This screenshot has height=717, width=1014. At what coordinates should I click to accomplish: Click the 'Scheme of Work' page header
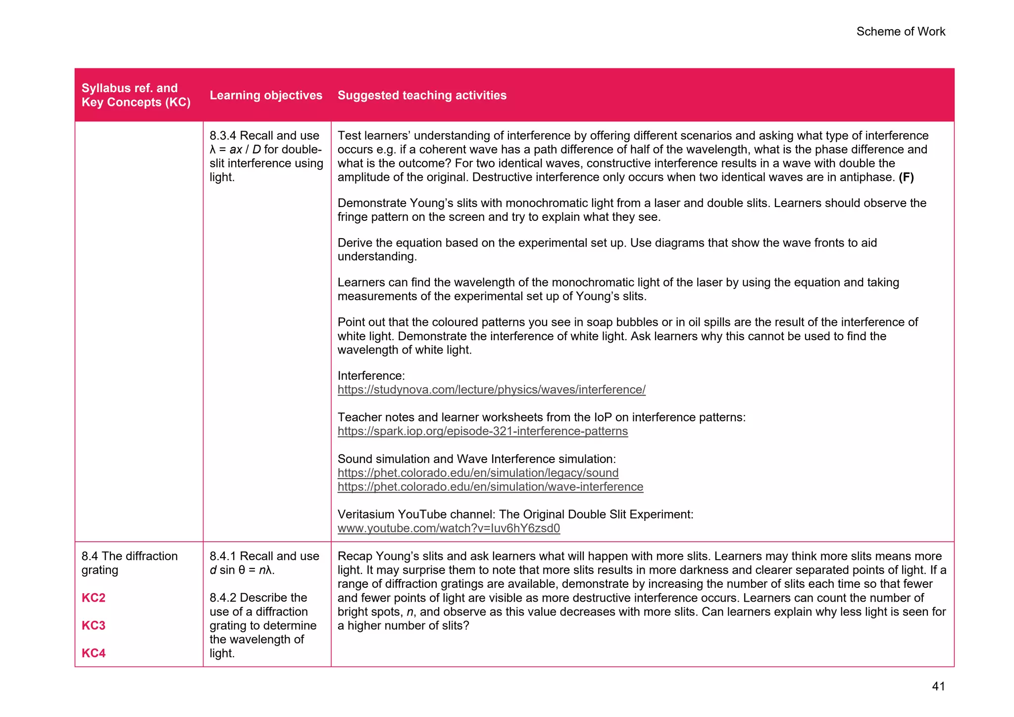[x=900, y=32]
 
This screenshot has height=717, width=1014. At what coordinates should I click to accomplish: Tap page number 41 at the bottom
[x=938, y=686]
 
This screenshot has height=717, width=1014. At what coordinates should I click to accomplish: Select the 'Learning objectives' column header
[x=266, y=95]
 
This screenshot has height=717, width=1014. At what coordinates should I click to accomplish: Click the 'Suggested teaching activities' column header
[x=422, y=95]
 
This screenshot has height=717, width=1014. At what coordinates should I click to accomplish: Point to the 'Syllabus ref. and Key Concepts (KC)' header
[x=136, y=95]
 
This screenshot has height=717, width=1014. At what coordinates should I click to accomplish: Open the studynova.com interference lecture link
[x=491, y=390]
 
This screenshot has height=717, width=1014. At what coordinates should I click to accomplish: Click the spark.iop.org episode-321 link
[x=482, y=431]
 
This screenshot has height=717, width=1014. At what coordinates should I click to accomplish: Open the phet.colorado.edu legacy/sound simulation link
[x=478, y=473]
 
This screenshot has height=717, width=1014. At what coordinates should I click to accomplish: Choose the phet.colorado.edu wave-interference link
[x=490, y=487]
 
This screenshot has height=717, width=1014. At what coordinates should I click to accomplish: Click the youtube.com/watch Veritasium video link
[x=449, y=528]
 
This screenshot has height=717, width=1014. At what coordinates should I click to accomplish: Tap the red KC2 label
[x=94, y=598]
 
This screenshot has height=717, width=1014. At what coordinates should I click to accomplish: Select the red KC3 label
[x=94, y=625]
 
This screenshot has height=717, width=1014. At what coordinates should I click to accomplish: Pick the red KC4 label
[x=94, y=653]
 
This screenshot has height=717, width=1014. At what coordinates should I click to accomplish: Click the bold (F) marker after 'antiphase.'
[x=906, y=177]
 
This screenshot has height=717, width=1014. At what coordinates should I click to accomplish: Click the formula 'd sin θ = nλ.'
[x=242, y=570]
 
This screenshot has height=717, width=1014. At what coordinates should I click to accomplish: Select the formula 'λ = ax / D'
[x=235, y=150]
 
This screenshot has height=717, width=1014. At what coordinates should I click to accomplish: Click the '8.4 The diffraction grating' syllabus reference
[x=129, y=563]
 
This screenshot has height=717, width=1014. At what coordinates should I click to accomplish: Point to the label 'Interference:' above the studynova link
[x=371, y=376]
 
